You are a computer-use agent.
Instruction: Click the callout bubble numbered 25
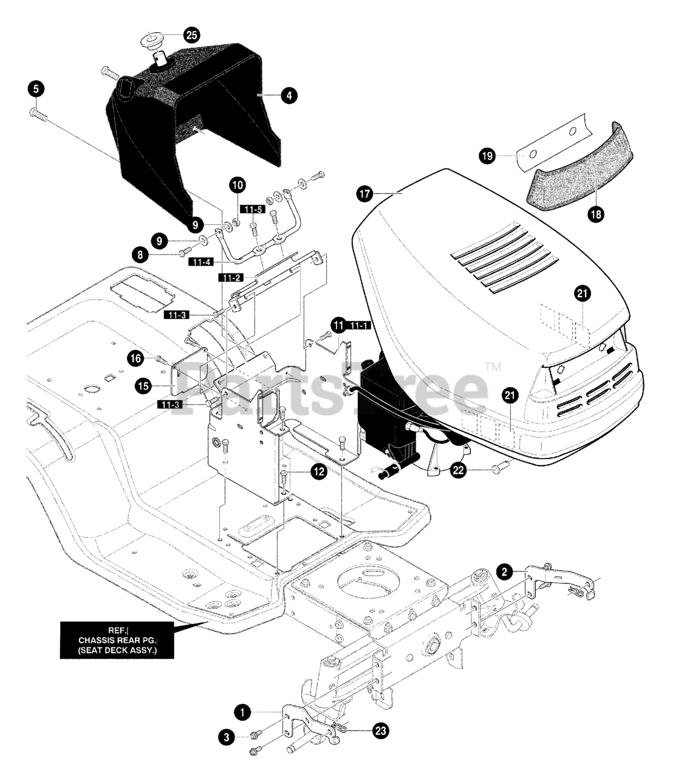pos(191,35)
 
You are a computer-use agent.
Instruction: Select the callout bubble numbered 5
pos(36,89)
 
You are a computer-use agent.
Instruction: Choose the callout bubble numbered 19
pos(487,156)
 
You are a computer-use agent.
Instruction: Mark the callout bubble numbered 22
pos(459,469)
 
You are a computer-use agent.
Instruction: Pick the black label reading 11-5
pos(254,209)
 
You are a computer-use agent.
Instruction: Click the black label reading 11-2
pos(231,277)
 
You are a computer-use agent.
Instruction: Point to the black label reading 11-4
pos(202,262)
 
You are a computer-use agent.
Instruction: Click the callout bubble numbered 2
pos(504,571)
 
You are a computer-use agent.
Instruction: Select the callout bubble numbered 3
pos(226,737)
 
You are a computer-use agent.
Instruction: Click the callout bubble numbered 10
pos(237,184)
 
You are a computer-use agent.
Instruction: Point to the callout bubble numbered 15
pos(143,384)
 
